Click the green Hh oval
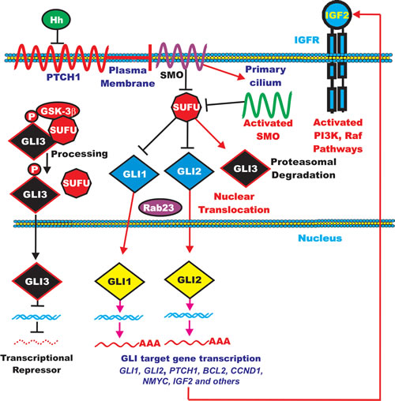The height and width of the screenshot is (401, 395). coord(56,20)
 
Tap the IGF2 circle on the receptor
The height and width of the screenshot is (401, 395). coord(337,15)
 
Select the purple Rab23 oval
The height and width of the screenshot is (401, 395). coord(160,208)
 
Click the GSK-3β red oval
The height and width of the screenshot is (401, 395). coord(58,111)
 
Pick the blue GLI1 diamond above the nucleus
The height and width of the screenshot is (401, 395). coord(134,174)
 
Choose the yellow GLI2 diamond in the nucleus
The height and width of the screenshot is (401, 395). coord(190,279)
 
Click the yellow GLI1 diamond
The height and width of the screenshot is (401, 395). coord(119,281)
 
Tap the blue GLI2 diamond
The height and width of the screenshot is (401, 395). coord(189,171)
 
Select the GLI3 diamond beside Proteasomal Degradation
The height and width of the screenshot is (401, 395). coord(246,168)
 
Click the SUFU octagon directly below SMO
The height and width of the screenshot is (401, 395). coord(186,107)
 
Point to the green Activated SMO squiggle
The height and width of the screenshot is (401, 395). coord(267,105)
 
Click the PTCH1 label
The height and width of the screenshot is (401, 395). coord(63,77)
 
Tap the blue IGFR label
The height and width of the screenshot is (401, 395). coord(307,40)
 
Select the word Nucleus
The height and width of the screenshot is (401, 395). coord(320,238)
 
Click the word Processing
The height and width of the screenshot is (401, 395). coord(79,154)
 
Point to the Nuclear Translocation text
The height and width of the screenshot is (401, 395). coord(234,203)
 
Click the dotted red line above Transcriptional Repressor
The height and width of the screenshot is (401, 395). coord(36,342)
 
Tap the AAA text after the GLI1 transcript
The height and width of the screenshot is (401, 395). coord(149,343)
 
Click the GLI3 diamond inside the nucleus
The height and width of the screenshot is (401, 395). coord(37,281)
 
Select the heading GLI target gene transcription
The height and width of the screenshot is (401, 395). coord(191,358)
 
